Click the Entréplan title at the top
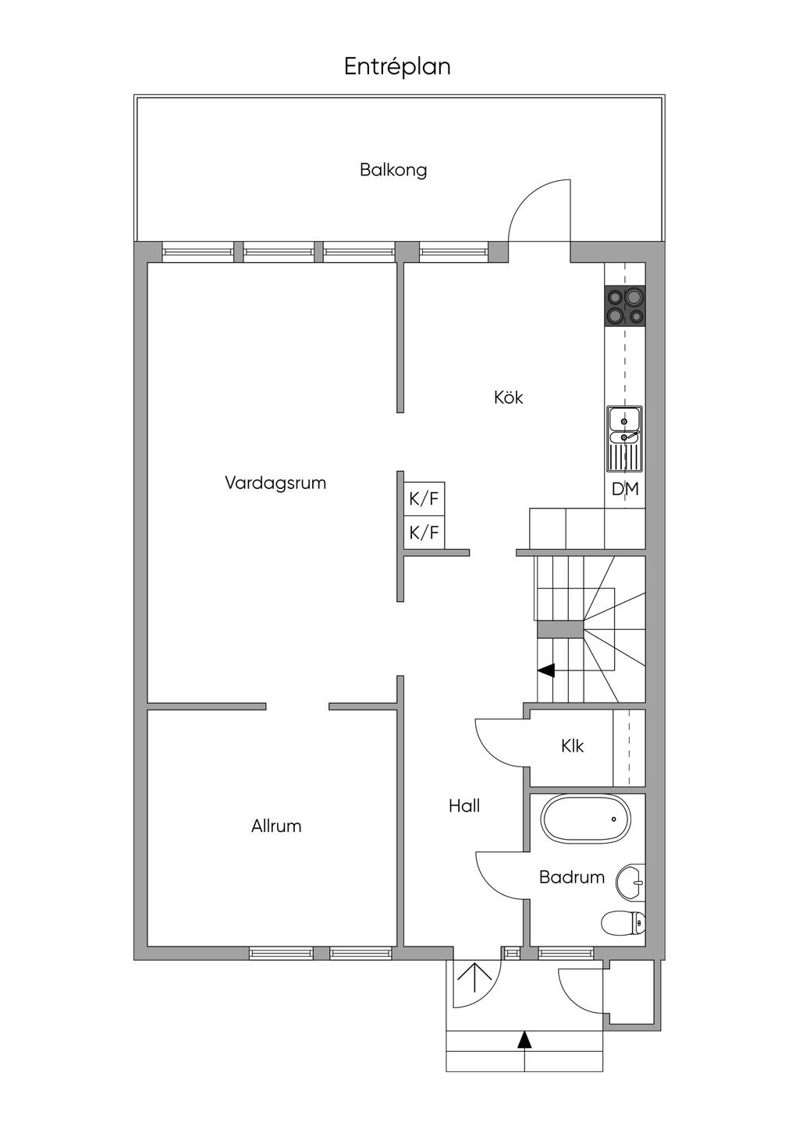tap(397, 67)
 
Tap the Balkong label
tap(393, 170)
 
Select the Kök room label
tap(508, 398)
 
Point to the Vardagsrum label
tap(275, 483)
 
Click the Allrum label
tap(276, 826)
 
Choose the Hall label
tap(464, 806)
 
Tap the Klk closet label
tap(572, 746)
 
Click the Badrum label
tap(572, 877)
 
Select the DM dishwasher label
tap(625, 490)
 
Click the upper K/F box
tap(424, 499)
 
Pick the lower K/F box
tap(424, 533)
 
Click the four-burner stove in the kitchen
tap(625, 306)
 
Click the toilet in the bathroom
tap(624, 924)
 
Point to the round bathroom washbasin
tap(630, 883)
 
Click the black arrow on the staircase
tap(546, 670)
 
